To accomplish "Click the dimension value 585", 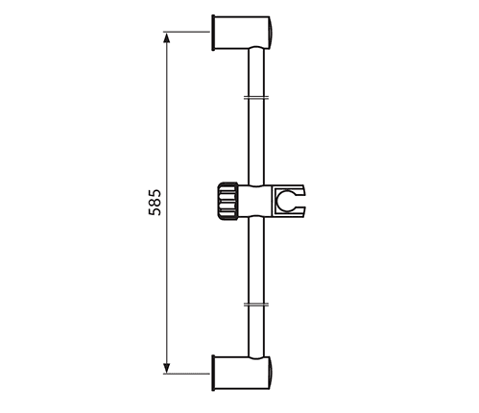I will click(x=155, y=203).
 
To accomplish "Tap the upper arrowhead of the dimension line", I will click(x=167, y=37).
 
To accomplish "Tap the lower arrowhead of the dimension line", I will click(x=167, y=367).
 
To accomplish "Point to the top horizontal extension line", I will click(x=187, y=32).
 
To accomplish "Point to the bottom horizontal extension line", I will click(x=187, y=373).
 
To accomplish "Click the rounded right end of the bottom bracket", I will click(x=274, y=373).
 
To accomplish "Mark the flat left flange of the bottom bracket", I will click(x=212, y=373).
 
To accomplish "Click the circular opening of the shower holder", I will click(x=287, y=203).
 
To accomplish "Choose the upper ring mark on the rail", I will click(x=255, y=96).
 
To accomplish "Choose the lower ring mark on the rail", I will click(x=255, y=305).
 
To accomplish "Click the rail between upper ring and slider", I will click(x=255, y=139).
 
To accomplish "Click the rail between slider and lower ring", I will click(x=255, y=264).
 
